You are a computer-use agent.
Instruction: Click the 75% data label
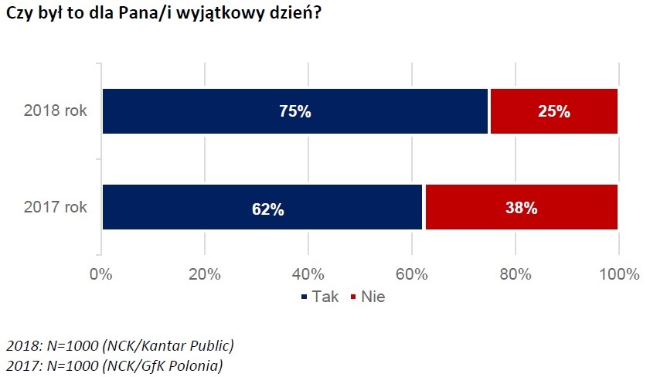(294, 112)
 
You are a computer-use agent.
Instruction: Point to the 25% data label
(553, 112)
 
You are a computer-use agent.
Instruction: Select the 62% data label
(262, 209)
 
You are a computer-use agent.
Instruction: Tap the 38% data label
(521, 208)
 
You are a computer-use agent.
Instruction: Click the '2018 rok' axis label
(56, 110)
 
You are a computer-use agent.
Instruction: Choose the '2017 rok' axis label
(56, 207)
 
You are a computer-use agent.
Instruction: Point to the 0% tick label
(101, 274)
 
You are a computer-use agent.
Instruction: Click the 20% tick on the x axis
(204, 274)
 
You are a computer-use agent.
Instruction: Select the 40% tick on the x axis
(308, 274)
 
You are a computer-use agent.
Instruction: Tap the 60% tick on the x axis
(411, 274)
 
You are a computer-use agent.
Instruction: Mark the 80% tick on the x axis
(515, 274)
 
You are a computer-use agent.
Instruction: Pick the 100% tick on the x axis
(618, 274)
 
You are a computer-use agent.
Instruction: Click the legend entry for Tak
(318, 297)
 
